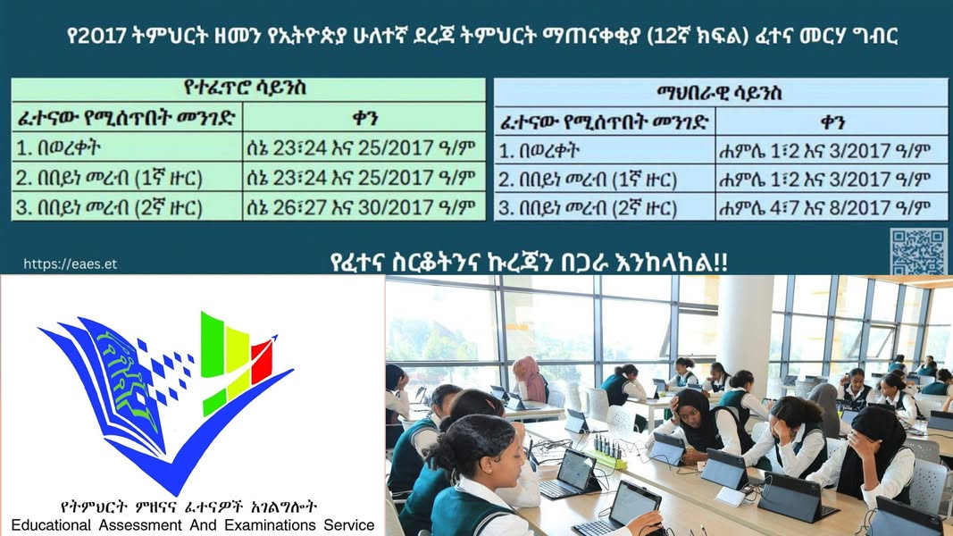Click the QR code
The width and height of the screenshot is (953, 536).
tap(918, 251)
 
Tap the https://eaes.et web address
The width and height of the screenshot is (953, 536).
tap(70, 264)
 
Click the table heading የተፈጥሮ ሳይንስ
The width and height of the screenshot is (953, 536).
tap(245, 88)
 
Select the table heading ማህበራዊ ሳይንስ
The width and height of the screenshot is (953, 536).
tap(719, 93)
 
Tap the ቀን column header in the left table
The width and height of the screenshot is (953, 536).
tap(364, 118)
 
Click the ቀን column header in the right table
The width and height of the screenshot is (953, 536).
tap(832, 121)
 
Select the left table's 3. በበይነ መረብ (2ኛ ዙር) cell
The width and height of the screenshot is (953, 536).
tap(109, 208)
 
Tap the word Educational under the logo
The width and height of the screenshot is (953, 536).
tap(52, 525)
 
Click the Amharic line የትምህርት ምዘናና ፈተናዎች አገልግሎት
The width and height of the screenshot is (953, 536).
tap(188, 507)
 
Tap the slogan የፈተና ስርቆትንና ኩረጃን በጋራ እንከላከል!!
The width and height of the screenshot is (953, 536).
tap(529, 262)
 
